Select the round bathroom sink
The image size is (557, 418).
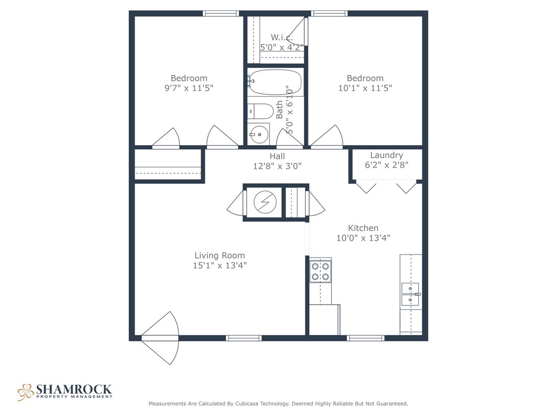tap(258, 134)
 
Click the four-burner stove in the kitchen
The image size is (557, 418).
tap(320, 271)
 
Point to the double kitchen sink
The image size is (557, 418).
tap(410, 294)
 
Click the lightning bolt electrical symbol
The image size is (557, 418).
tap(263, 202)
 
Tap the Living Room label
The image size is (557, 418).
tap(219, 256)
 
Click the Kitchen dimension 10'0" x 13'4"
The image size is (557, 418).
tap(363, 238)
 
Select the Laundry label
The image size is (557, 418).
tap(386, 155)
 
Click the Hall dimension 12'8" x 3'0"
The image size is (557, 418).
tap(277, 166)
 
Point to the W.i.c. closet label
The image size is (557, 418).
tap(281, 38)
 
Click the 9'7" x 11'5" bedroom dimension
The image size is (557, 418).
tap(189, 88)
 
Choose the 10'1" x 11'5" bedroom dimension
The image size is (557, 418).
tap(365, 88)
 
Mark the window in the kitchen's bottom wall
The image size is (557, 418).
tap(365, 338)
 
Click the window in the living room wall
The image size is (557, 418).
tap(244, 338)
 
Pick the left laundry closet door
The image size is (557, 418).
tap(366, 187)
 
